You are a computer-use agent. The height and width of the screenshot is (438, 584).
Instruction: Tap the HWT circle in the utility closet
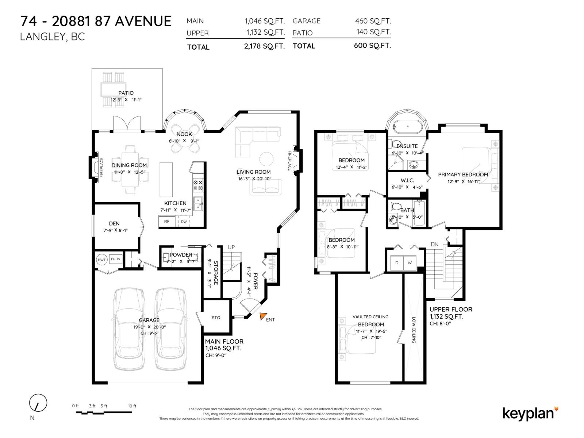tap(101, 260)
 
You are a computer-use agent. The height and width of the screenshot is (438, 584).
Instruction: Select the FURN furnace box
tap(116, 259)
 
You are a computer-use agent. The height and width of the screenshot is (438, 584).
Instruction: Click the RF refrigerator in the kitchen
tap(167, 222)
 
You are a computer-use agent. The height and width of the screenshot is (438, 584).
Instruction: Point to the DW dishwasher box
tap(184, 222)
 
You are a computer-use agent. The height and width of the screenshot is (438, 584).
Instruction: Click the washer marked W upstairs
tap(410, 263)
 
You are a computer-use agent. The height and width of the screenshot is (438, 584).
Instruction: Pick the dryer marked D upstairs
tap(397, 263)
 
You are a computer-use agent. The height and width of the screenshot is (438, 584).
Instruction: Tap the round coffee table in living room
tap(266, 159)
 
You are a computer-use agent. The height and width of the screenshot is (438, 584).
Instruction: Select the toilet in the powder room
tap(194, 257)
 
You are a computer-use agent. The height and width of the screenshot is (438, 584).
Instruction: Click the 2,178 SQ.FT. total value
tap(264, 46)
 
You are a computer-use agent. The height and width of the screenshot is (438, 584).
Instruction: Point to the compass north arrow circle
tap(38, 403)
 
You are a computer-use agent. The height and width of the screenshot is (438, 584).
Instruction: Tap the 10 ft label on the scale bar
tap(132, 406)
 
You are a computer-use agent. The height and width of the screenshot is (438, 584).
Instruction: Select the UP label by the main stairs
tap(231, 247)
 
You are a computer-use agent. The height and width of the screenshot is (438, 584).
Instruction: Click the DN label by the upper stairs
tap(434, 244)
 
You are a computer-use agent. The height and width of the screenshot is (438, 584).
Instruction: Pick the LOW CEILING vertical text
tap(414, 330)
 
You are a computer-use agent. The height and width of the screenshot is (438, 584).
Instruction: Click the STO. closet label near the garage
tap(216, 318)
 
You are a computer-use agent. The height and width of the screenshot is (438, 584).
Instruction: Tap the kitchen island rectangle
tap(166, 180)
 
